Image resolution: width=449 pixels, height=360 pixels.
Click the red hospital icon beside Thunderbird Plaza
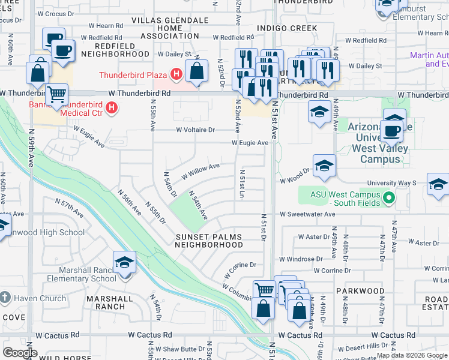pos(176,75)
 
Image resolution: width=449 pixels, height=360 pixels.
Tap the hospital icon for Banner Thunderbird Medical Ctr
pos(111,107)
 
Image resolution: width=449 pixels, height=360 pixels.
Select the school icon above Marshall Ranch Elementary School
pos(124,263)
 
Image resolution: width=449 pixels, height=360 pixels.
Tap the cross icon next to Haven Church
pos(5,298)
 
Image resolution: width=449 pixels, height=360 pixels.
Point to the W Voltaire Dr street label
pos(195,130)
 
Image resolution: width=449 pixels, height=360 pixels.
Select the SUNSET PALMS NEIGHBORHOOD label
pos(209,241)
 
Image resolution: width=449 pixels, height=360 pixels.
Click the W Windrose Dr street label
pos(301,259)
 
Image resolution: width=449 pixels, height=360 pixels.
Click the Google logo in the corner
pos(20,353)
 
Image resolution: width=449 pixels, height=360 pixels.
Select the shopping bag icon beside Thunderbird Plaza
pos(196,71)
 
